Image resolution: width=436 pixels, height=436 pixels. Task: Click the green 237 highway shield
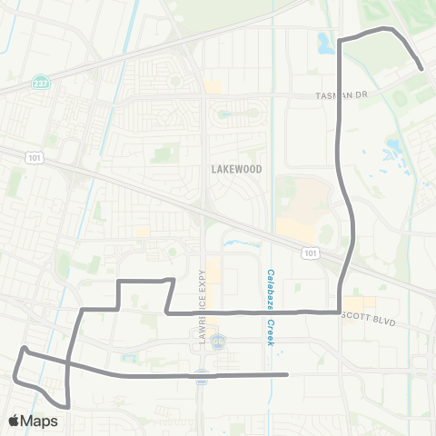[37, 80]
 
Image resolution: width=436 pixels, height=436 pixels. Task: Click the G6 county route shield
[216, 342]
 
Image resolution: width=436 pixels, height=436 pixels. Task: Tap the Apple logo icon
[15, 421]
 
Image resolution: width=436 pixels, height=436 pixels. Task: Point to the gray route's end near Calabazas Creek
[286, 374]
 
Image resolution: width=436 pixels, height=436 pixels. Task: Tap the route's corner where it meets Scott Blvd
[339, 312]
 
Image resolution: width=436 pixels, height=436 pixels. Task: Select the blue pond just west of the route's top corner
[325, 42]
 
